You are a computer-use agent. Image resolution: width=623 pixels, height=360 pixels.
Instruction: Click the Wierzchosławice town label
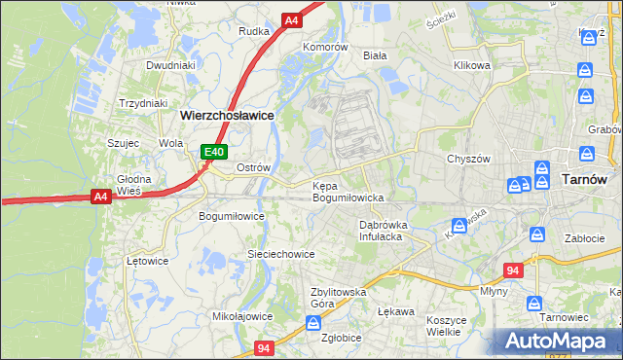click(227, 114)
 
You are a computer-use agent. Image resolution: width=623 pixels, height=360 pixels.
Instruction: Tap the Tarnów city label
click(585, 179)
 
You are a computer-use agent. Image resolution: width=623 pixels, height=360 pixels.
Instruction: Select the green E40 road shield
click(215, 152)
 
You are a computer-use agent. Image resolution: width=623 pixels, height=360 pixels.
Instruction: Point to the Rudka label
click(253, 31)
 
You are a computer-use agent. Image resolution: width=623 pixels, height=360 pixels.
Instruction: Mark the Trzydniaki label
click(143, 102)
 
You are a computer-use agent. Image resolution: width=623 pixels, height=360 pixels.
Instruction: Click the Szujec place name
click(125, 142)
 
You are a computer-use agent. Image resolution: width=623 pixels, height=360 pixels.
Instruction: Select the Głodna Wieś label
click(129, 185)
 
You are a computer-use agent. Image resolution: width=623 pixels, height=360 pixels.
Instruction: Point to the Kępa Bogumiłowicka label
click(348, 191)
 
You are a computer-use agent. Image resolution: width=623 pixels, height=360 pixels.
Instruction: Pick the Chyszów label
click(466, 159)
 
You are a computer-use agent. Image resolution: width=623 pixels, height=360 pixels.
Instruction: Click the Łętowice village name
click(148, 261)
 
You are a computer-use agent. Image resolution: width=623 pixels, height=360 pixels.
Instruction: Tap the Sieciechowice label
click(280, 254)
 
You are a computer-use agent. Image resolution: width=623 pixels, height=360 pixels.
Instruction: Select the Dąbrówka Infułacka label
click(388, 230)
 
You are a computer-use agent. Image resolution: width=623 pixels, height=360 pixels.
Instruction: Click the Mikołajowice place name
click(241, 316)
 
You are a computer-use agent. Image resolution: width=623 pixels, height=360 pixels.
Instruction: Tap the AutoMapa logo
click(557, 342)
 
